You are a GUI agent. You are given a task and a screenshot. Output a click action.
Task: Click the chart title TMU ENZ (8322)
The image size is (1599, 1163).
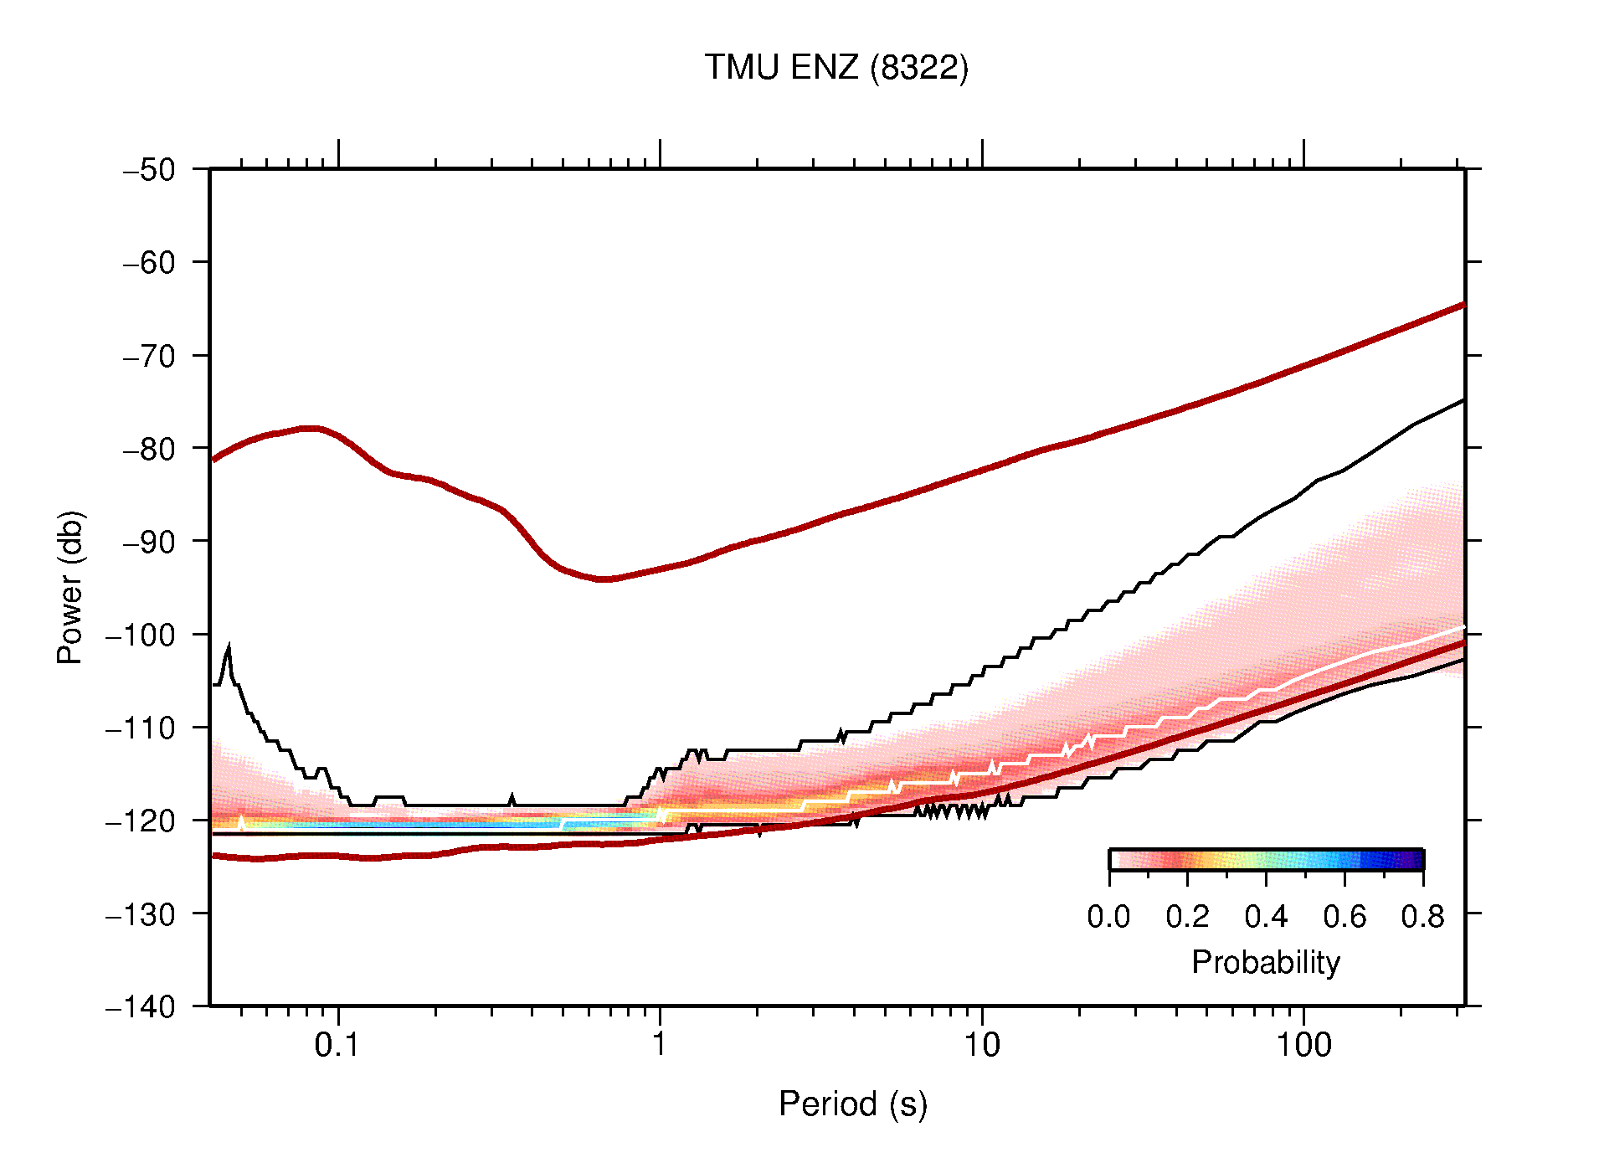(835, 68)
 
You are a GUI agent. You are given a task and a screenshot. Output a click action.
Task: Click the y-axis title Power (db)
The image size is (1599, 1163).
(70, 587)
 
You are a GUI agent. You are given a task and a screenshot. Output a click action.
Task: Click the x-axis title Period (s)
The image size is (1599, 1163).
(852, 1104)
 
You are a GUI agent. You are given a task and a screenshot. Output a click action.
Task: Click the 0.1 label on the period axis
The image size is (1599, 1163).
(337, 1045)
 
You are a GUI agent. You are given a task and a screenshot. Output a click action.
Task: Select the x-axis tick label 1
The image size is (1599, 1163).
(660, 1045)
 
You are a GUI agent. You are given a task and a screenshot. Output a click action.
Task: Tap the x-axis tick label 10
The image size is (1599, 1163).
(981, 1045)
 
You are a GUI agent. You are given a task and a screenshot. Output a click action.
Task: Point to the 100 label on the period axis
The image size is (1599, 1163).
(1303, 1045)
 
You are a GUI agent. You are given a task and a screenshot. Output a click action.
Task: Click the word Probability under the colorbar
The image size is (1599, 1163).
(1265, 963)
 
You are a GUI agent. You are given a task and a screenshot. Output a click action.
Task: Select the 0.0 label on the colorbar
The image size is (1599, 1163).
(1108, 918)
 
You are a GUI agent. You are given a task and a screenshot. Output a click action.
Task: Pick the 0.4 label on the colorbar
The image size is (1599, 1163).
(1266, 918)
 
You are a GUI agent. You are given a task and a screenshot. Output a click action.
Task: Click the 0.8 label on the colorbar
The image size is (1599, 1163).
(1422, 918)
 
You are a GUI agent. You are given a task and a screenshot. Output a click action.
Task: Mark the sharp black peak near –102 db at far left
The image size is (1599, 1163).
(229, 646)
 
